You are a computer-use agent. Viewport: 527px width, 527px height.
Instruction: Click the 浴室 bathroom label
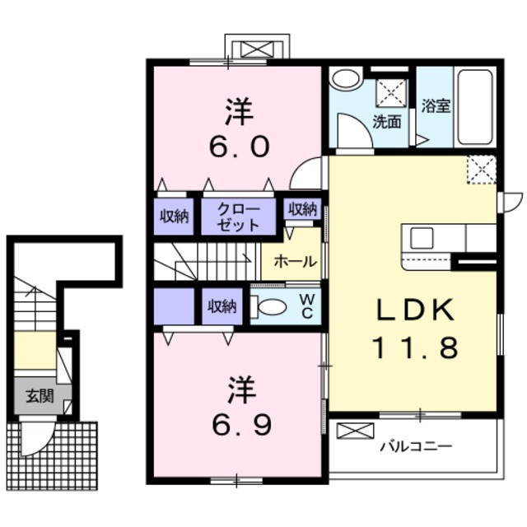(x=436, y=106)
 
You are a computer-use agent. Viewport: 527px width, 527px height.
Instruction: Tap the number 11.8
(x=415, y=348)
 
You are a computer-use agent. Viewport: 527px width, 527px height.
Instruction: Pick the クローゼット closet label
(x=239, y=216)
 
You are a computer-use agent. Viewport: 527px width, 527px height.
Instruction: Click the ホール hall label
(x=294, y=263)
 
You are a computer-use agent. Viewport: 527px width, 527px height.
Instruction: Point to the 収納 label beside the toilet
(x=222, y=307)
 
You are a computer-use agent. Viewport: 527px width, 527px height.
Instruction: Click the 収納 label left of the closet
(x=174, y=216)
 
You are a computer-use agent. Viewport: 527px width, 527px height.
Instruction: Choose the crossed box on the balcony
(x=355, y=430)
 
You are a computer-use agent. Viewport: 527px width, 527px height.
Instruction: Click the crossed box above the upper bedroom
(x=257, y=47)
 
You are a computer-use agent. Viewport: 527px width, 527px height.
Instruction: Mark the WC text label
(x=305, y=307)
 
